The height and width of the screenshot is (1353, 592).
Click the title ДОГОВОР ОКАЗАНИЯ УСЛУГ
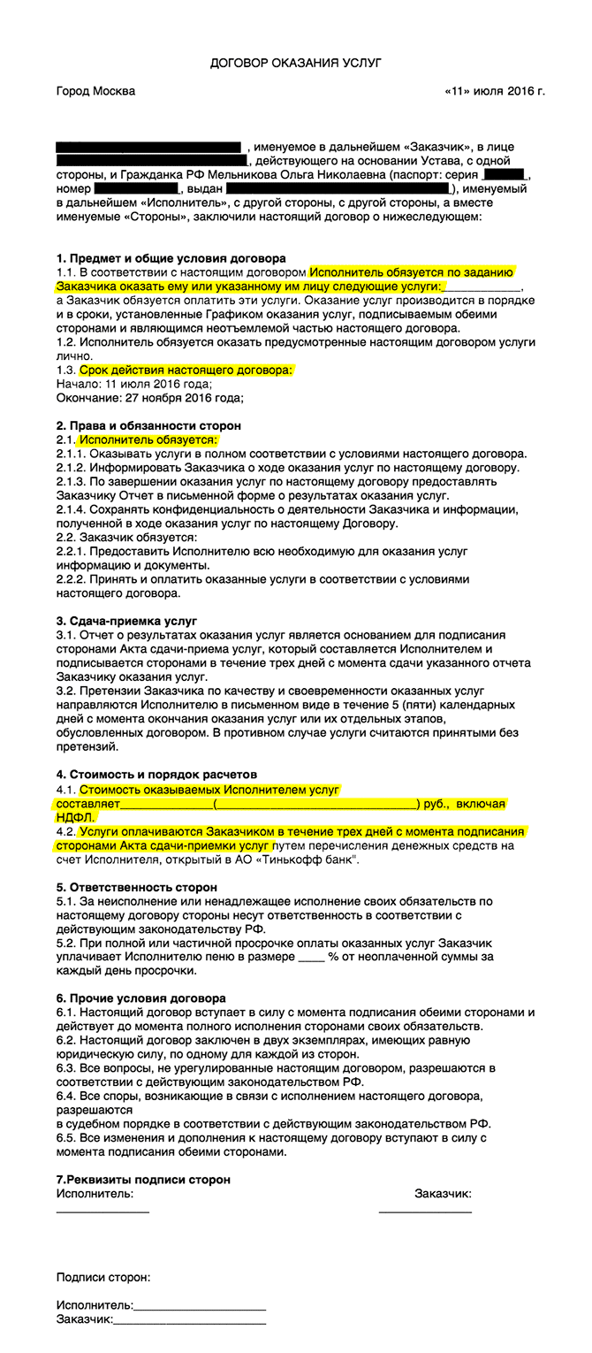[x=295, y=64]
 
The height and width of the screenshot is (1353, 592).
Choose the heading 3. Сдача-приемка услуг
[x=126, y=621]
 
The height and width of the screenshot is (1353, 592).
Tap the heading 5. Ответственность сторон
[x=136, y=886]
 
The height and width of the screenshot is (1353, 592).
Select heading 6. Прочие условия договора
[x=140, y=998]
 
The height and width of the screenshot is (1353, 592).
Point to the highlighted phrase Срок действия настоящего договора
[x=186, y=370]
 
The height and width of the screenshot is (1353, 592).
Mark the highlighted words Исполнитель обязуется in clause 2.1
[x=148, y=440]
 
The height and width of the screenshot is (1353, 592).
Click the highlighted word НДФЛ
[x=75, y=818]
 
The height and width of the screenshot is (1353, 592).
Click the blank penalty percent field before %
[x=311, y=956]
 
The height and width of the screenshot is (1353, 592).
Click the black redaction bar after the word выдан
[x=337, y=189]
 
